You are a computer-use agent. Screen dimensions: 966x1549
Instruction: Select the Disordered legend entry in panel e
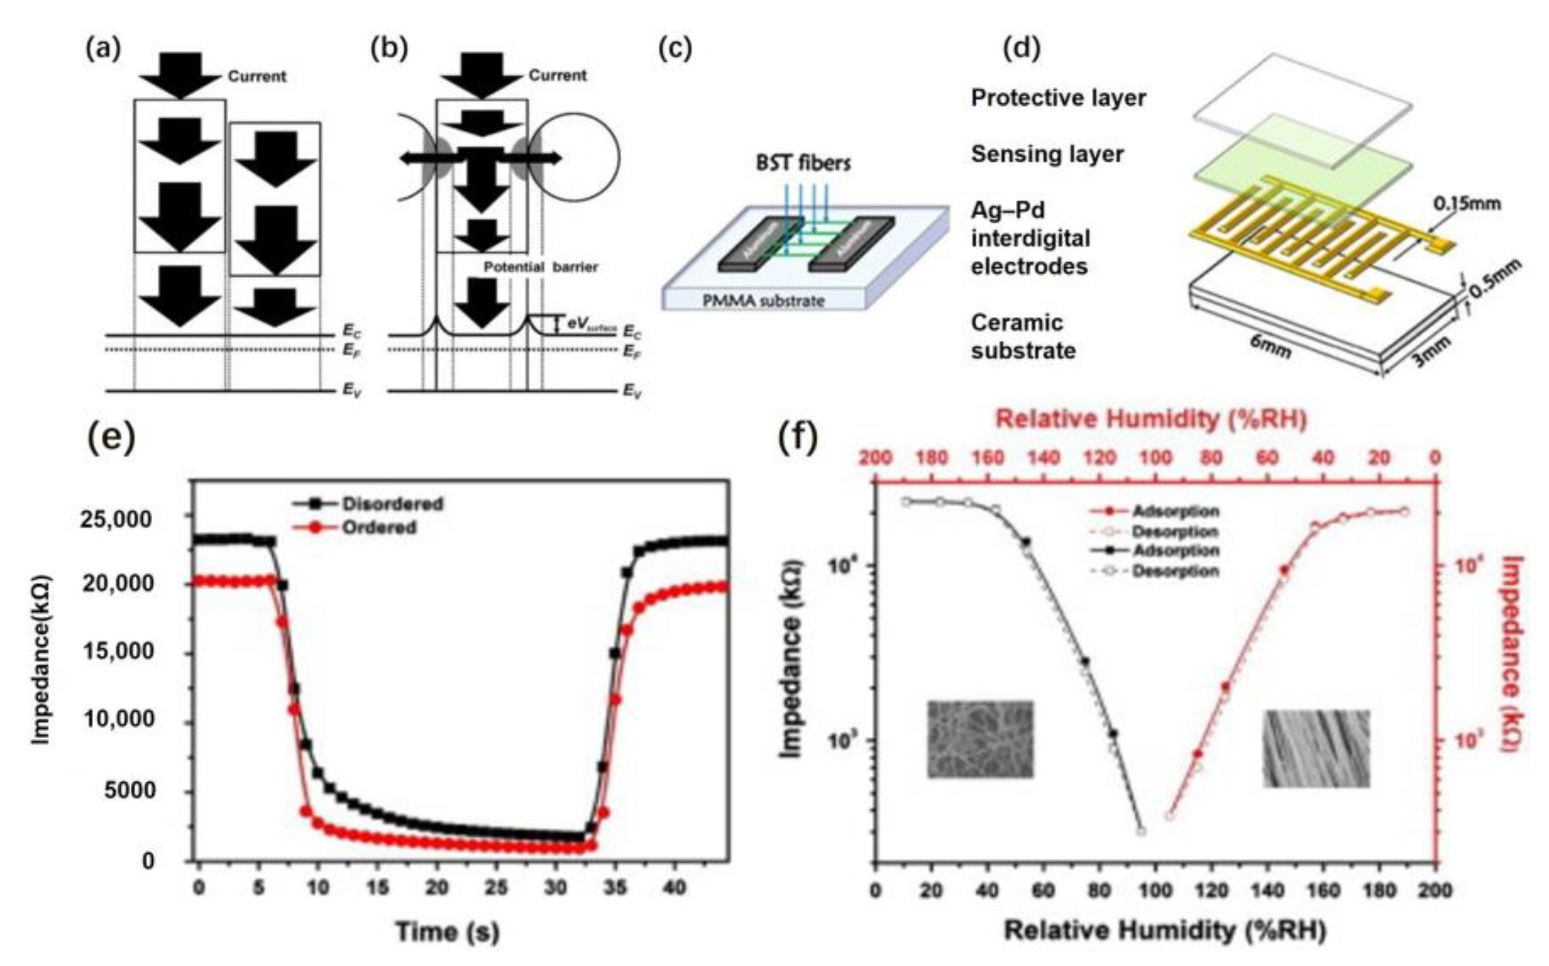point(392,504)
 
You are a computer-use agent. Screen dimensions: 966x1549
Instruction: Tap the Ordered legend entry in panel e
point(379,528)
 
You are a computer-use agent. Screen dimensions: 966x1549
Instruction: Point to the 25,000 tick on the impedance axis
point(117,518)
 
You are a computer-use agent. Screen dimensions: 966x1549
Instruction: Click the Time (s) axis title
point(447,931)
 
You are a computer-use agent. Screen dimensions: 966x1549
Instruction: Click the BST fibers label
point(803,163)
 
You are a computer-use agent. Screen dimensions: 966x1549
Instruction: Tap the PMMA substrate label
point(764,300)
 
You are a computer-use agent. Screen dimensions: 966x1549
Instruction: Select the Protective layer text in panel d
point(1058,98)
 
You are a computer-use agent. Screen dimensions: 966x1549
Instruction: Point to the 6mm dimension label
point(1271,347)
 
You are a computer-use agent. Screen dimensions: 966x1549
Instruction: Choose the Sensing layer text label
point(1047,154)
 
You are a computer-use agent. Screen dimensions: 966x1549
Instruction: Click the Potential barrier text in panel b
point(540,267)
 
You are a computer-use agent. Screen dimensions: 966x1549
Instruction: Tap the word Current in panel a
point(256,77)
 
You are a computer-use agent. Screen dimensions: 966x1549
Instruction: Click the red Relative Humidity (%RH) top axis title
point(1151,419)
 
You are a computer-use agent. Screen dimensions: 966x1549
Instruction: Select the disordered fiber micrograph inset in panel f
point(980,739)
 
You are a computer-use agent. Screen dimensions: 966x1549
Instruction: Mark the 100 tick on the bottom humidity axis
point(1155,890)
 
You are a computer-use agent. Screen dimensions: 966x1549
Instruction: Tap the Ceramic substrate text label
point(1023,337)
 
